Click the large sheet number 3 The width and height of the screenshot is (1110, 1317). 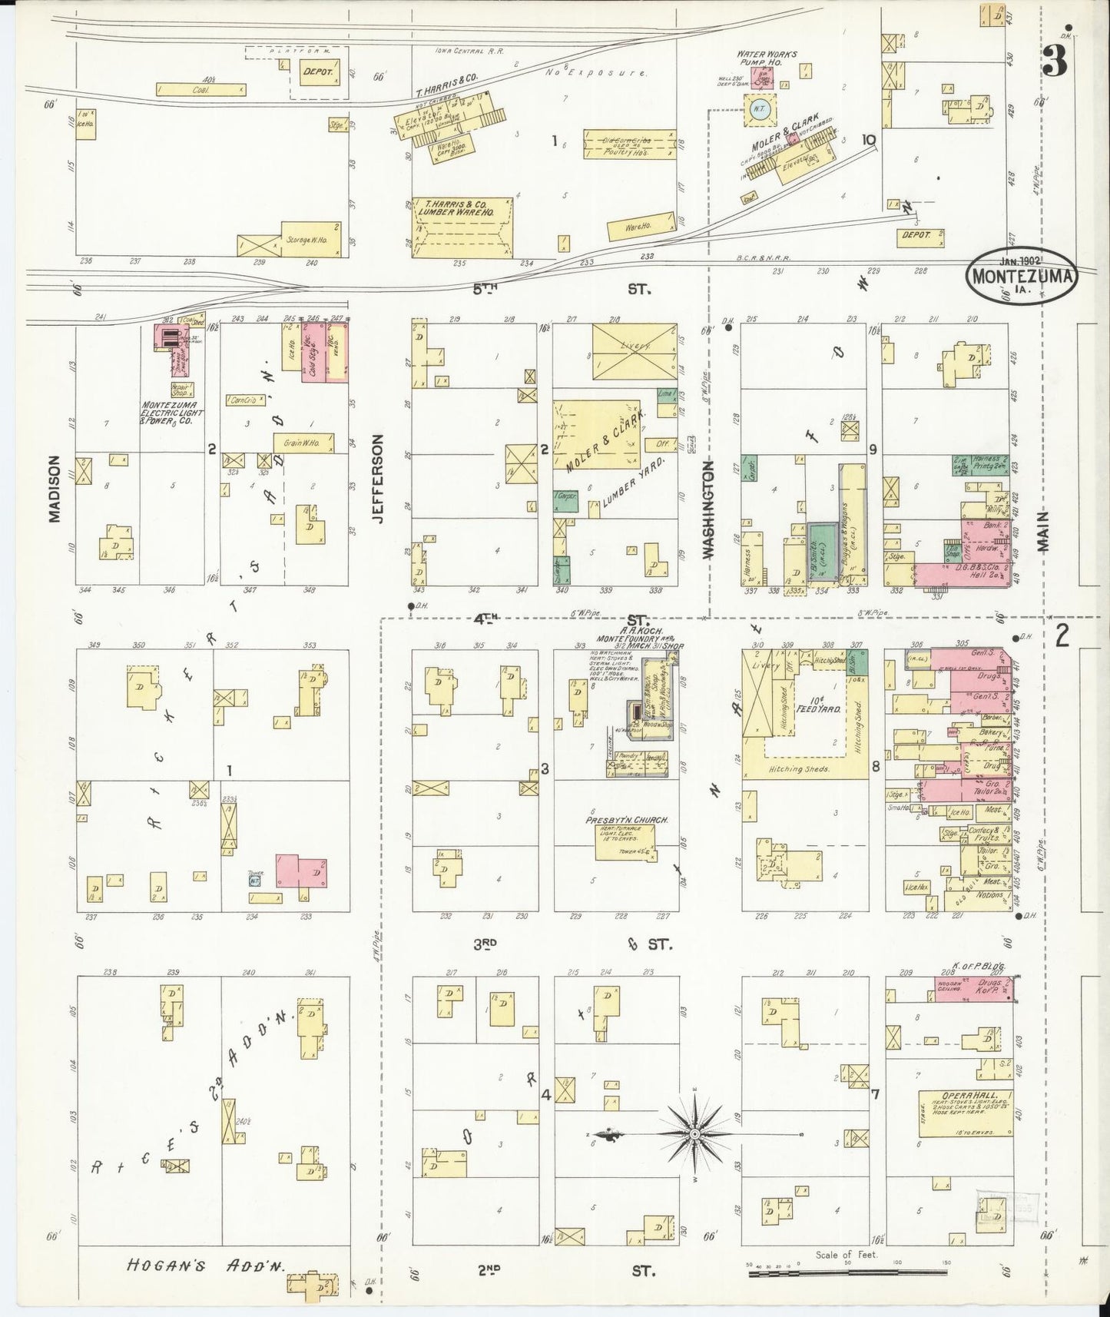pos(1055,61)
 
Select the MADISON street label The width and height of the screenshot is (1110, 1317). pos(54,489)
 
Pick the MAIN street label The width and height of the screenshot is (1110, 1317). pos(1042,532)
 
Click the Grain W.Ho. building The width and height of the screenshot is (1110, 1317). pos(303,443)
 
